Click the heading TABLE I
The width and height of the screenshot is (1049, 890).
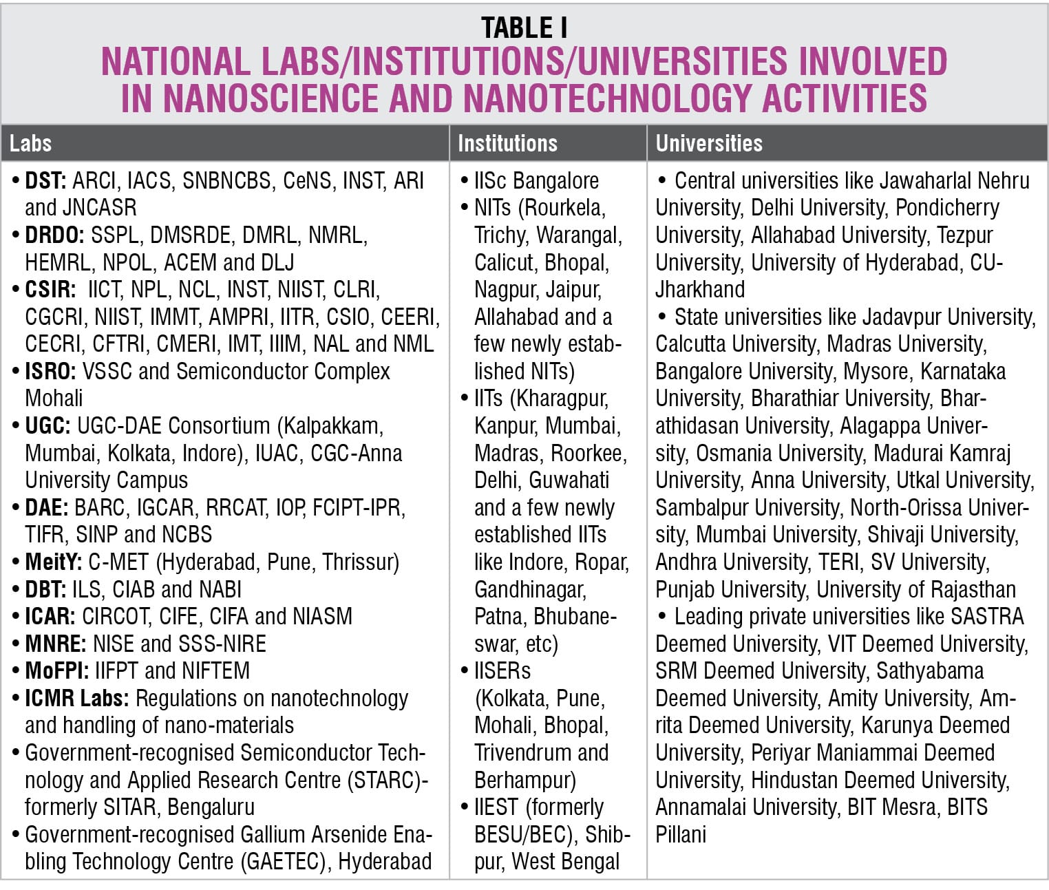[x=524, y=28]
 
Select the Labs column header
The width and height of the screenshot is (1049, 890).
[x=30, y=143]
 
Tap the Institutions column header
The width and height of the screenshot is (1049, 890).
[x=507, y=143]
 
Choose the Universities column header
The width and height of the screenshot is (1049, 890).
[x=709, y=143]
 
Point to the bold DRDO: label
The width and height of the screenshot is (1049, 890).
[x=54, y=235]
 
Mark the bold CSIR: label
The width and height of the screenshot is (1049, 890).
[x=50, y=290]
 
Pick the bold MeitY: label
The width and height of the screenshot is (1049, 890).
[x=54, y=562]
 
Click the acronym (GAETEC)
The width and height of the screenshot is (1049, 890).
[x=283, y=861]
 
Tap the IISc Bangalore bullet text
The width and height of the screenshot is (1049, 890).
[x=536, y=181]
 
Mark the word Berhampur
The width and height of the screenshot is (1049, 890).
[x=524, y=780]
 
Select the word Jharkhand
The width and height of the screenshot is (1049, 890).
[x=700, y=289]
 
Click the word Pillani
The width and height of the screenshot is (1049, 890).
[x=681, y=834]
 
